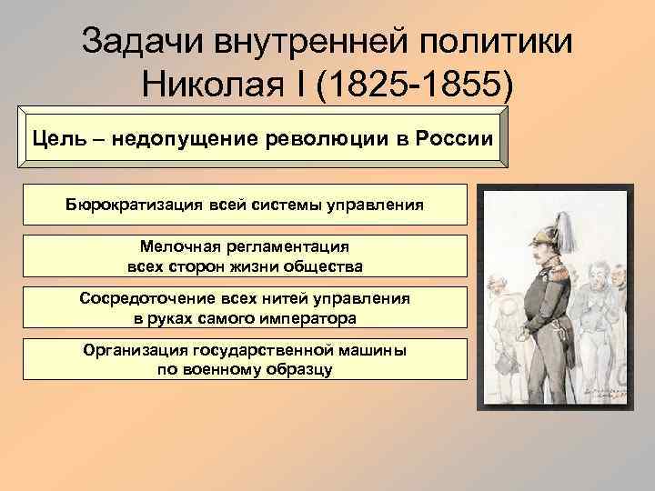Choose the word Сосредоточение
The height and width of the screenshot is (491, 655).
(139, 297)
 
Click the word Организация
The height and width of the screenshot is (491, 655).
(136, 349)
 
